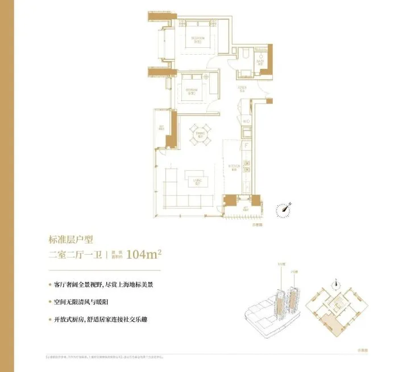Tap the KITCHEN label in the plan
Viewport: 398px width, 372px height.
pyautogui.click(x=233, y=166)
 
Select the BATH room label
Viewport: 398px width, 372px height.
pyautogui.click(x=259, y=61)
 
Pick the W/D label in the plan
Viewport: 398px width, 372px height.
pyautogui.click(x=246, y=121)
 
